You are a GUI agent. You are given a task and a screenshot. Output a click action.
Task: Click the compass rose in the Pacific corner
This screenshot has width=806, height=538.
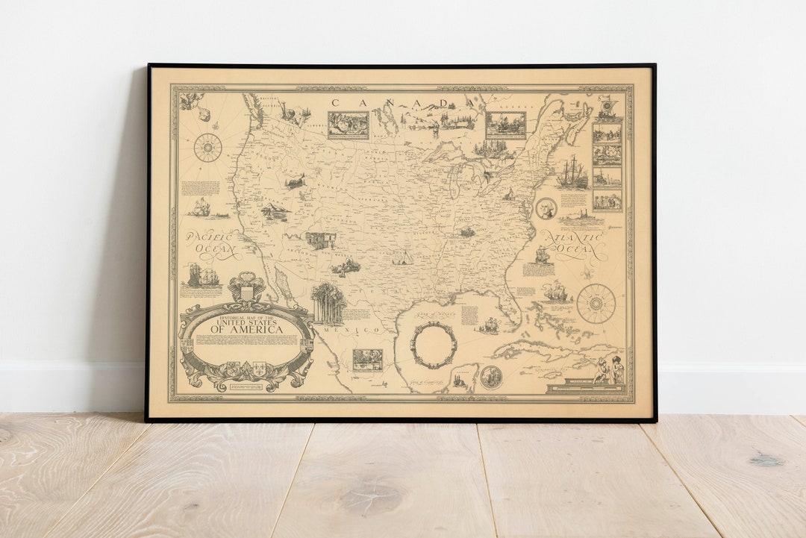[207, 147]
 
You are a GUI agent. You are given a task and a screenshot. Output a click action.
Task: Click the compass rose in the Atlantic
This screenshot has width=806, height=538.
[596, 303]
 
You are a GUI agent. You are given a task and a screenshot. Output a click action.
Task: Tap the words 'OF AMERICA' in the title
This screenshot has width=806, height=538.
[246, 330]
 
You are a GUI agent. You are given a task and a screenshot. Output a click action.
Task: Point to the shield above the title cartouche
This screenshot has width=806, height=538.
[247, 289]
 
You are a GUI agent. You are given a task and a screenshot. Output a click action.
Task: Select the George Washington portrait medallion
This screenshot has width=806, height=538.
[546, 208]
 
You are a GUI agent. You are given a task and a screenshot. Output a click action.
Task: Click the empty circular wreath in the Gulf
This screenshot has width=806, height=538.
[434, 345]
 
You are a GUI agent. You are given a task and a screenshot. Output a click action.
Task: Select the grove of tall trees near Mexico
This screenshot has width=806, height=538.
[328, 303]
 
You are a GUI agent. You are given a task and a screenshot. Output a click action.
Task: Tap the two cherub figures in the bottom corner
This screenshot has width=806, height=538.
[608, 369]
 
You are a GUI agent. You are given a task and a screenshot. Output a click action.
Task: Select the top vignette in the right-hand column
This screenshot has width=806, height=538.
[607, 133]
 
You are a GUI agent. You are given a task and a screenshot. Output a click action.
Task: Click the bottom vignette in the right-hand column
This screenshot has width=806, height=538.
[607, 200]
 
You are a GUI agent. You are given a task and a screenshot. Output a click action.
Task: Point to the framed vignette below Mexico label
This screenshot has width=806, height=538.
[367, 360]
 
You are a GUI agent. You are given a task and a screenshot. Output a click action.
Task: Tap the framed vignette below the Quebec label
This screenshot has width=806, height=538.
[505, 125]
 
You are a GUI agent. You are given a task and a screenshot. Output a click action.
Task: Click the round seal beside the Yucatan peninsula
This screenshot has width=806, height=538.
[490, 377]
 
